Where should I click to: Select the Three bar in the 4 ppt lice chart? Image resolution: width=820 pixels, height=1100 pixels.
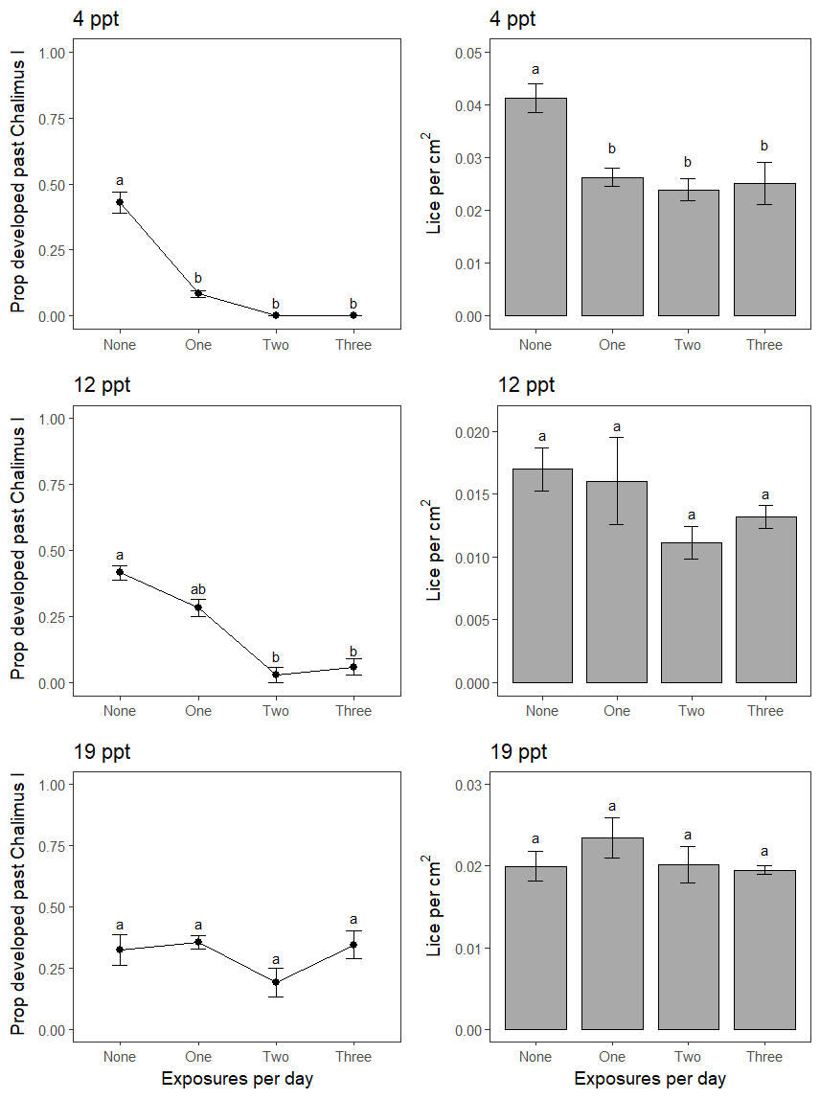click(x=764, y=249)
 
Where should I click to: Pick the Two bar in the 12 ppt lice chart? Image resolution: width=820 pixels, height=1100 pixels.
click(x=691, y=612)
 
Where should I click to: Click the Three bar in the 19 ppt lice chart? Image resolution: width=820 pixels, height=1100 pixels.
click(x=764, y=950)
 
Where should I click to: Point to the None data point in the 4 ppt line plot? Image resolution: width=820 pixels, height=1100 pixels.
click(x=120, y=202)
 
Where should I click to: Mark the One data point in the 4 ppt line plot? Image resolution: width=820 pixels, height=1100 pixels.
click(x=198, y=293)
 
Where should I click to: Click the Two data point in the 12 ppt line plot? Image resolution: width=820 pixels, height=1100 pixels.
click(x=276, y=675)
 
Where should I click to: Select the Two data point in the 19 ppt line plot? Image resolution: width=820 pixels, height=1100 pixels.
click(x=276, y=982)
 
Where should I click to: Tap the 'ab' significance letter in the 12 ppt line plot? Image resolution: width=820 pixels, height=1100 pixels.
click(x=198, y=589)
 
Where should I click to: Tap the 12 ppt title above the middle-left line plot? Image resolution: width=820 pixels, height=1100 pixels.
click(x=102, y=386)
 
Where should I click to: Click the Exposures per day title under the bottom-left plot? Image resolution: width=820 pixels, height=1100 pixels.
click(x=237, y=1079)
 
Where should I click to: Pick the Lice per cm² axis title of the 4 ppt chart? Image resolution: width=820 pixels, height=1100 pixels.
click(x=434, y=183)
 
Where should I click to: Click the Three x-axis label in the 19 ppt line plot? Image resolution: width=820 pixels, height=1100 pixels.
click(x=353, y=1057)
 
